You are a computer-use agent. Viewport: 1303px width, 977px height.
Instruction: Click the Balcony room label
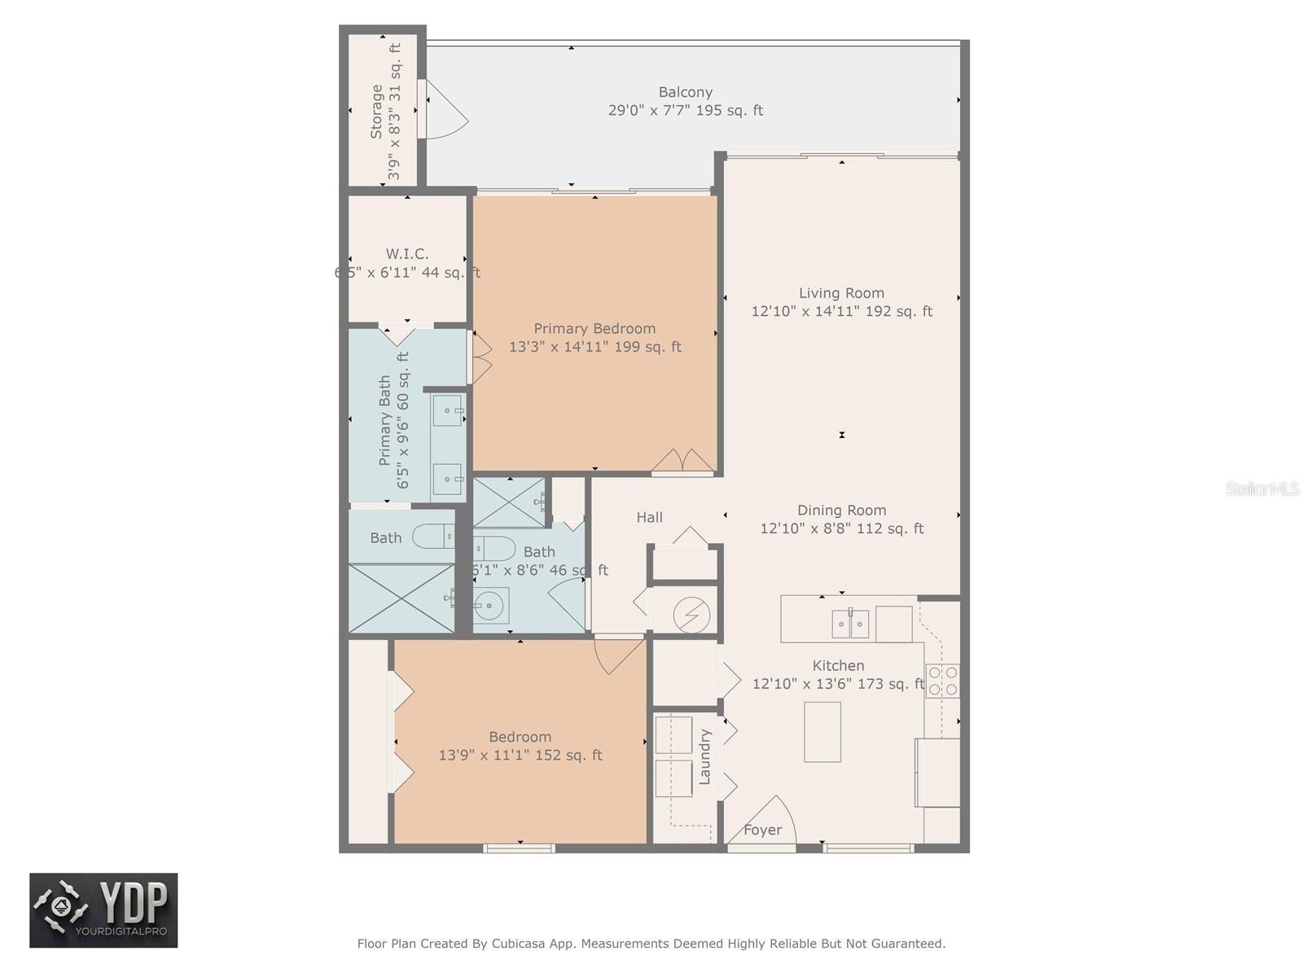685,92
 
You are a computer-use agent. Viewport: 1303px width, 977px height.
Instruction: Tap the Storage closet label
376,112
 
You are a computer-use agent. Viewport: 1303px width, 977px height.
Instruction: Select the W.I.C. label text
407,254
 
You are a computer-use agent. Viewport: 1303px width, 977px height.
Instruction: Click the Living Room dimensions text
841,311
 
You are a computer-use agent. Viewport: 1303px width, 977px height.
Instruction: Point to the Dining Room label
841,510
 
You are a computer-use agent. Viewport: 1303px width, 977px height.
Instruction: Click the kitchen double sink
850,624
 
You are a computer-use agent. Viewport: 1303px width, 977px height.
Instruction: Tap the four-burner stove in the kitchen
943,681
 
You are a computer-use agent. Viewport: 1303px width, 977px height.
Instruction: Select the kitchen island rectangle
822,731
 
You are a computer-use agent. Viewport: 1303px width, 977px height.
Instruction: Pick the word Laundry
705,757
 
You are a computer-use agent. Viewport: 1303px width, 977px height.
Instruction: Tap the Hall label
649,517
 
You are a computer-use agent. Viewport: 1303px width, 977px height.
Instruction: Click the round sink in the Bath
490,605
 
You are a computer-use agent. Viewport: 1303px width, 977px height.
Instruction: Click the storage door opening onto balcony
445,110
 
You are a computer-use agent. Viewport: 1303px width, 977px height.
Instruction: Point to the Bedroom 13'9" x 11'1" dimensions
520,755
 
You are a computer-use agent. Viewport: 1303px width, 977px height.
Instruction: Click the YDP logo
103,910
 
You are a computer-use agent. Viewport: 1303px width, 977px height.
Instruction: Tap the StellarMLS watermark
1261,488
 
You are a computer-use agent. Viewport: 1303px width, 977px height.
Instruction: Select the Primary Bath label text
384,420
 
